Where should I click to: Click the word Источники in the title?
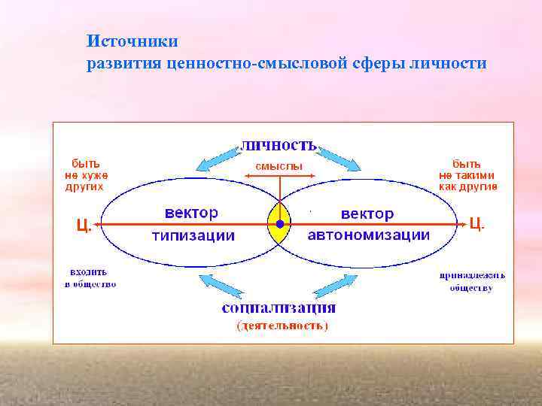pyautogui.click(x=132, y=40)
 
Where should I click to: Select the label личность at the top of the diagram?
pyautogui.click(x=279, y=144)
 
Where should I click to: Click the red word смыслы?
pyautogui.click(x=279, y=165)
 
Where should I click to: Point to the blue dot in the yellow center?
pyautogui.click(x=280, y=224)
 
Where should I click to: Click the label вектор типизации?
pyautogui.click(x=193, y=224)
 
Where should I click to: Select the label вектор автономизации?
pyautogui.click(x=369, y=224)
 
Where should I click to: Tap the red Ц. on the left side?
pyautogui.click(x=84, y=224)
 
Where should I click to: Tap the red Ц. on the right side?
pyautogui.click(x=477, y=223)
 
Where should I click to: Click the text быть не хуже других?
pyautogui.click(x=84, y=174)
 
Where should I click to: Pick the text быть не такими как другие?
pyautogui.click(x=467, y=174)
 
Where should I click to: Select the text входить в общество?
pyautogui.click(x=90, y=277)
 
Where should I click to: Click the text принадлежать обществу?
pyautogui.click(x=472, y=281)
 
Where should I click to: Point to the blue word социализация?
pyautogui.click(x=279, y=308)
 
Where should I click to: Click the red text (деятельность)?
pyautogui.click(x=282, y=326)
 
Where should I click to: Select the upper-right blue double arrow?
pyautogui.click(x=340, y=157)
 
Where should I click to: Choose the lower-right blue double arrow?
pyautogui.click(x=334, y=286)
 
